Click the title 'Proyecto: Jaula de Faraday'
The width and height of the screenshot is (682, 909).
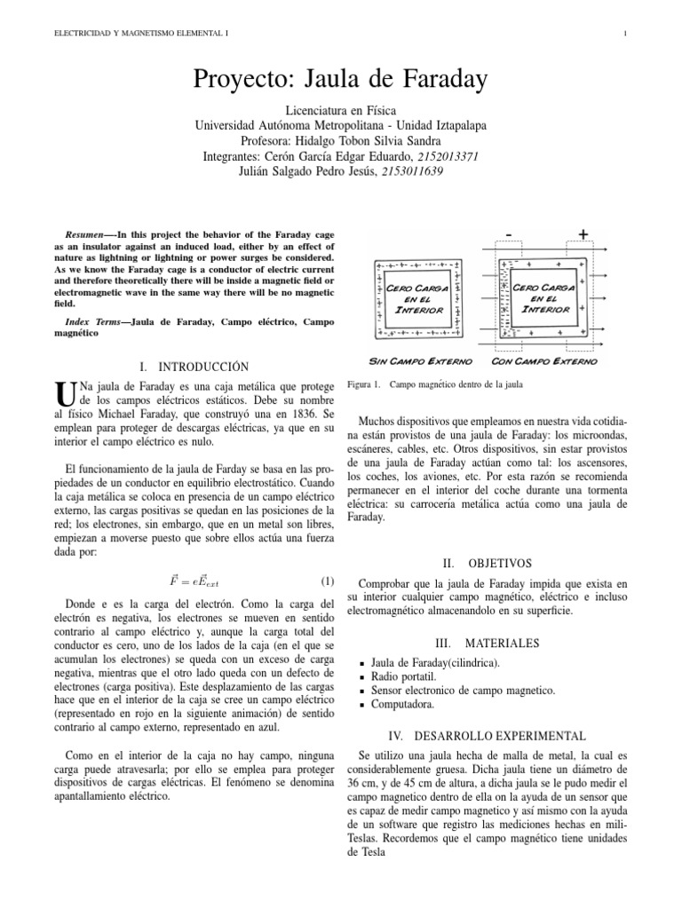(340, 81)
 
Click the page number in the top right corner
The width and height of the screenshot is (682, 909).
(626, 34)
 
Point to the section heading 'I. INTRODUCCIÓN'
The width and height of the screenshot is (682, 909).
(194, 367)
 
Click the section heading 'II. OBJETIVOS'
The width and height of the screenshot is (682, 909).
(487, 563)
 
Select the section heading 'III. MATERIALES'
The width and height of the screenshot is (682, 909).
(487, 643)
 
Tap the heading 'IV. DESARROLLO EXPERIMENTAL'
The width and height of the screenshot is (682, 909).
(488, 737)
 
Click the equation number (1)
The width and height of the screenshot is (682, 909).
(327, 581)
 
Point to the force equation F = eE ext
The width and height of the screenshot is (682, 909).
(194, 581)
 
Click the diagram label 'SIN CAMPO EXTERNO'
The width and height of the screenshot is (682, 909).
(414, 362)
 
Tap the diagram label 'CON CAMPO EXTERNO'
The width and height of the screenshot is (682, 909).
(543, 362)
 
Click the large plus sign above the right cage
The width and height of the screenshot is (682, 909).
(583, 233)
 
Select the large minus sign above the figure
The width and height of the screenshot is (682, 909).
(508, 233)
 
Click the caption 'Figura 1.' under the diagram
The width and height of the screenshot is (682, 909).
(363, 385)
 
